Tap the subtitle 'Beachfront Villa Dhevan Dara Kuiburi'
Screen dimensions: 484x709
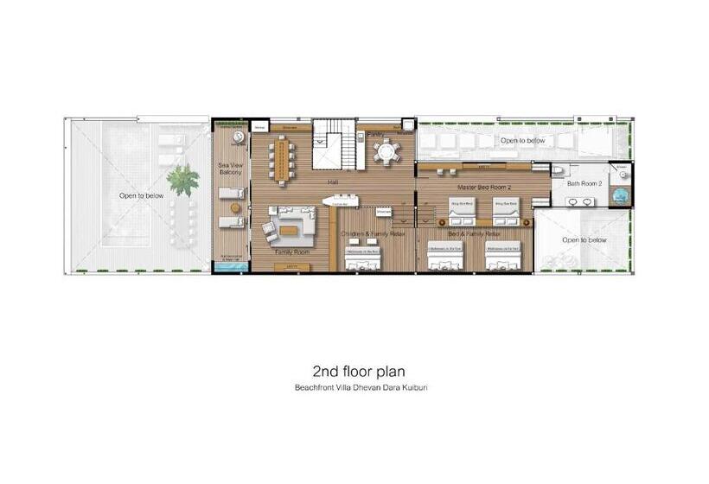361,387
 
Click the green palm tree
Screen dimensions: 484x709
182,180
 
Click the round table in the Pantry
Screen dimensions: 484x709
386,153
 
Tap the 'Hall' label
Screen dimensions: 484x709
333,182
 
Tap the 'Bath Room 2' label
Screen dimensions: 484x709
584,183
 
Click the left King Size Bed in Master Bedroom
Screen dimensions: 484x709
460,210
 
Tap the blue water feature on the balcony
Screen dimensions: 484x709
231,268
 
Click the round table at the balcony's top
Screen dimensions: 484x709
238,138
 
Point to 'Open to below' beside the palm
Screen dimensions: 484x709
141,196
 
